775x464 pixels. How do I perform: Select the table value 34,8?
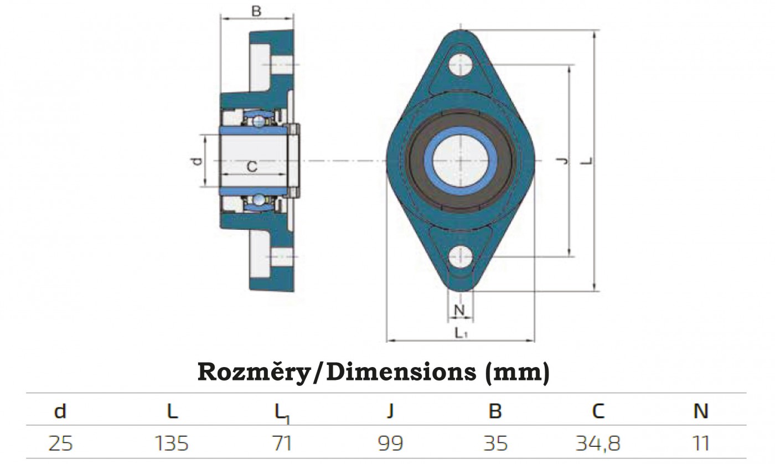click(598, 443)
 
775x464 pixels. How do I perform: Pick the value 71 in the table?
click(282, 443)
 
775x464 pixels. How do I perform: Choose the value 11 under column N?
click(701, 443)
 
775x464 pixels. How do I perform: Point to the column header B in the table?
click(495, 411)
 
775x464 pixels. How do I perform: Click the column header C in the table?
click(598, 411)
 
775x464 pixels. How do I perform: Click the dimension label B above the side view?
click(256, 10)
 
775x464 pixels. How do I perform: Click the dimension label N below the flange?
click(459, 311)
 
